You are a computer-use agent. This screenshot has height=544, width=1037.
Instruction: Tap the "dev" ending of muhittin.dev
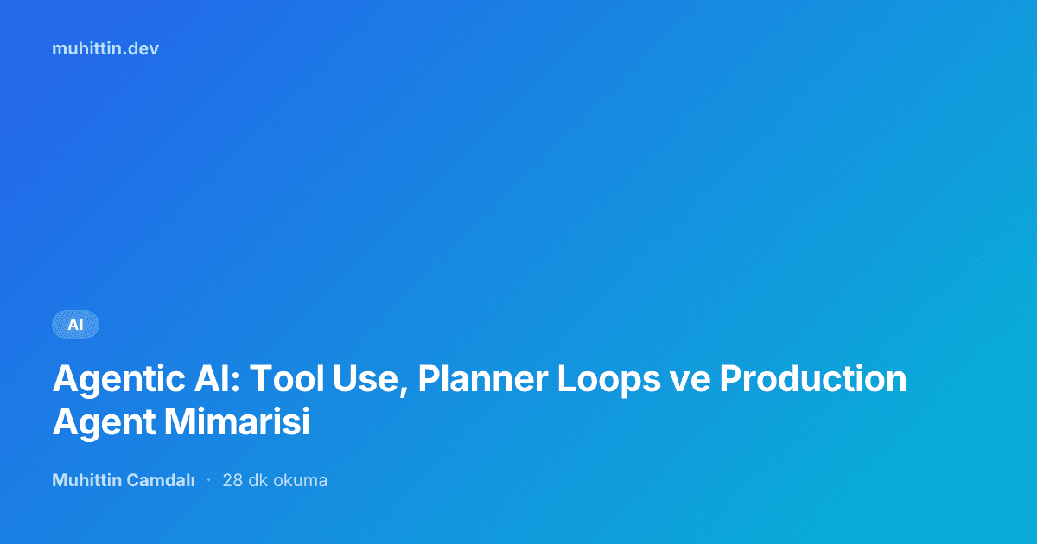click(x=145, y=48)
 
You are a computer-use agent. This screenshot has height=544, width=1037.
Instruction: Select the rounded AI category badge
click(x=75, y=325)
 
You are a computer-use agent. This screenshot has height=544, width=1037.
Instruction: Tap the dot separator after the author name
click(x=208, y=480)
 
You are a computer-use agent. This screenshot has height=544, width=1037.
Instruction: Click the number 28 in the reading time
click(x=232, y=480)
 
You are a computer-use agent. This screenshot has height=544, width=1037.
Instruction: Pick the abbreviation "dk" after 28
click(x=258, y=480)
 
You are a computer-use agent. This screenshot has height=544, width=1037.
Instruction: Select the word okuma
click(x=301, y=480)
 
